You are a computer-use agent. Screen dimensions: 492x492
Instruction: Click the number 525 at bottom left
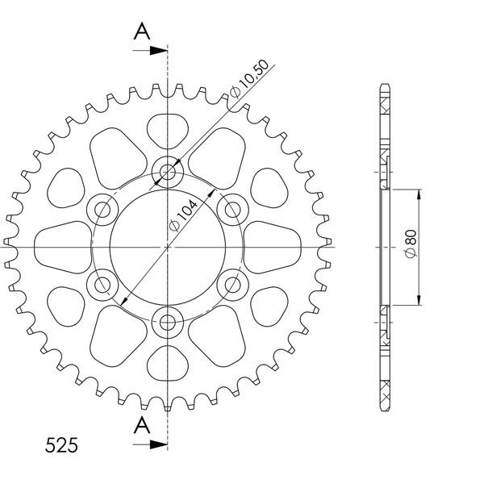coord(61,445)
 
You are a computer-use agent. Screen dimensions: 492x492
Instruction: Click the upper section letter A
coord(142,31)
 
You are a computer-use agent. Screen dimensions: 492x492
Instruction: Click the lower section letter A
coord(142,425)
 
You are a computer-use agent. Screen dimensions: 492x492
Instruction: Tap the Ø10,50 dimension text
coord(249,79)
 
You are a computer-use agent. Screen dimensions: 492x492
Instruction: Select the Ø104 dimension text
coord(184,215)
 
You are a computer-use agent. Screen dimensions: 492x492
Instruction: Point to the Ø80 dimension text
coord(411,244)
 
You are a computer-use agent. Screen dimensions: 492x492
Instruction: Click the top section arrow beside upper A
coord(150,50)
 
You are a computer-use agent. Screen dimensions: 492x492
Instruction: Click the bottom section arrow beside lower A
coord(150,444)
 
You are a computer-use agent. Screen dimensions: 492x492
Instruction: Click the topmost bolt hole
coord(168,172)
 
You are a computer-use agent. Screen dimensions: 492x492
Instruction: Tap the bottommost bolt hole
coord(168,323)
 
